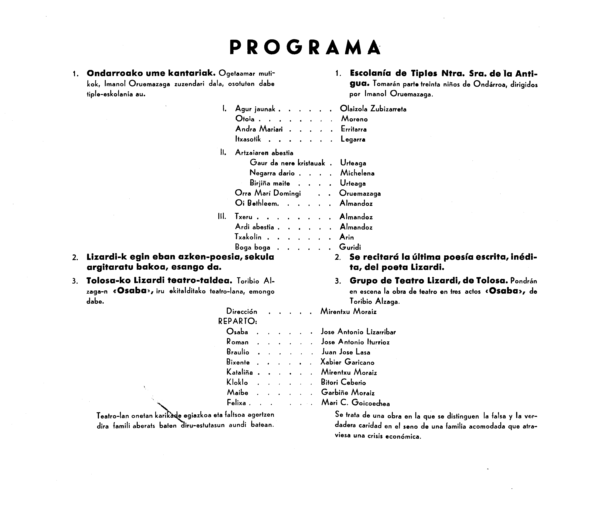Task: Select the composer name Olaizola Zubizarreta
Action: tap(373, 109)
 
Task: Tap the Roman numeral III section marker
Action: tap(222, 217)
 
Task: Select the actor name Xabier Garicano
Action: tap(347, 362)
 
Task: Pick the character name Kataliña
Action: tap(239, 372)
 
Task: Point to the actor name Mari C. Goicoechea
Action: tap(355, 403)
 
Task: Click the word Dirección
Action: tap(242, 312)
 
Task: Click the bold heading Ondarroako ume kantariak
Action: tap(151, 73)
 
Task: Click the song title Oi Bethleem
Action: tap(257, 203)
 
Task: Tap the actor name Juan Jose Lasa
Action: tap(346, 352)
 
